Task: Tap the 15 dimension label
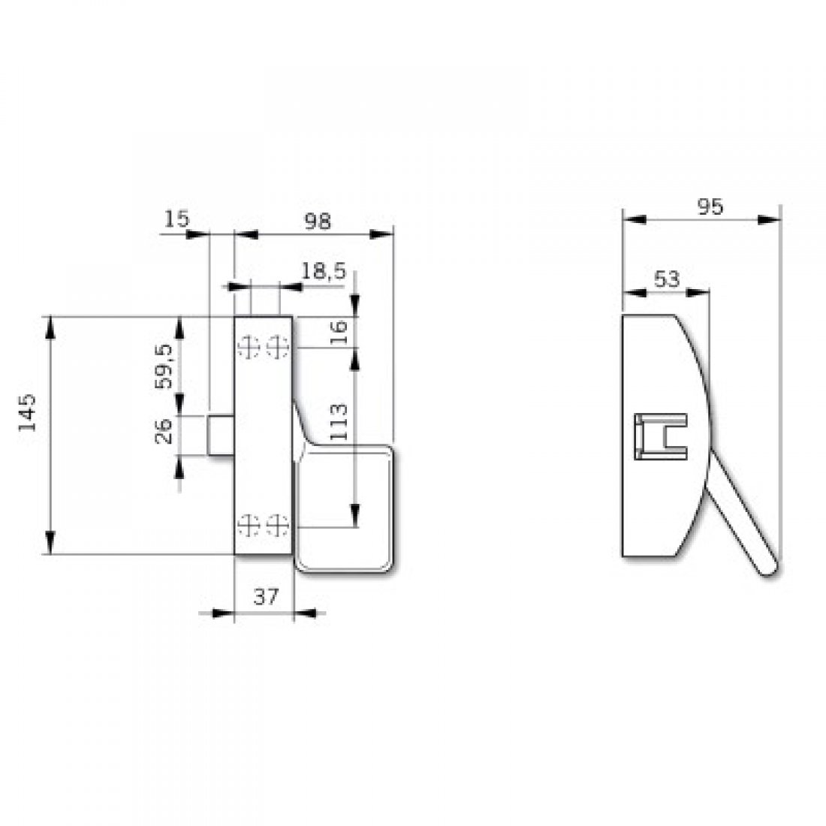(x=176, y=219)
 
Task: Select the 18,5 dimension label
(x=324, y=271)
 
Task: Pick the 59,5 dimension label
(x=164, y=366)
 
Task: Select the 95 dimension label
(x=710, y=206)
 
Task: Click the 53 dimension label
(x=666, y=279)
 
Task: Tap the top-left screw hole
(x=249, y=348)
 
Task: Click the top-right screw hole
(x=278, y=348)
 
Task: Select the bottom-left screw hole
(x=249, y=526)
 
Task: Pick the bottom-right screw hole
(x=278, y=526)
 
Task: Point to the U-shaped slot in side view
(x=661, y=436)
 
